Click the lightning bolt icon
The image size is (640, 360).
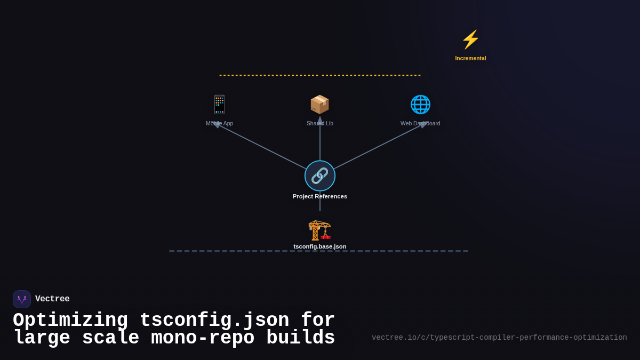click(x=470, y=39)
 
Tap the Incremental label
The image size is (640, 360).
click(x=470, y=58)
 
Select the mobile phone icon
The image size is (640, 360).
click(x=219, y=105)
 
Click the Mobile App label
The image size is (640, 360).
click(x=219, y=124)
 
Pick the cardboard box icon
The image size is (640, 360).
click(x=320, y=105)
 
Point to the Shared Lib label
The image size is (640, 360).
click(x=320, y=124)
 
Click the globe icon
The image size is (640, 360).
click(x=420, y=105)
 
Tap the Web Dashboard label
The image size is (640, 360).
click(x=420, y=124)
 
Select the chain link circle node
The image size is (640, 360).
click(x=320, y=175)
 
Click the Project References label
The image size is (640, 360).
click(x=320, y=196)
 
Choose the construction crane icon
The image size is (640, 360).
click(x=320, y=230)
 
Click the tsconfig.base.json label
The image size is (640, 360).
click(x=320, y=246)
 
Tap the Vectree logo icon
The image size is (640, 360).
click(x=22, y=299)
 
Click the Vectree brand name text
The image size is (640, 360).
click(x=52, y=299)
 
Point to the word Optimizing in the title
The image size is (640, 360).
click(x=70, y=320)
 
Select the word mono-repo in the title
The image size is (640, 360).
click(x=203, y=338)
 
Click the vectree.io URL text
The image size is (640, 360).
click(x=499, y=338)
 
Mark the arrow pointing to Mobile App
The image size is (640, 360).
click(x=217, y=125)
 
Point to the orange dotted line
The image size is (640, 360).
click(x=320, y=75)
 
